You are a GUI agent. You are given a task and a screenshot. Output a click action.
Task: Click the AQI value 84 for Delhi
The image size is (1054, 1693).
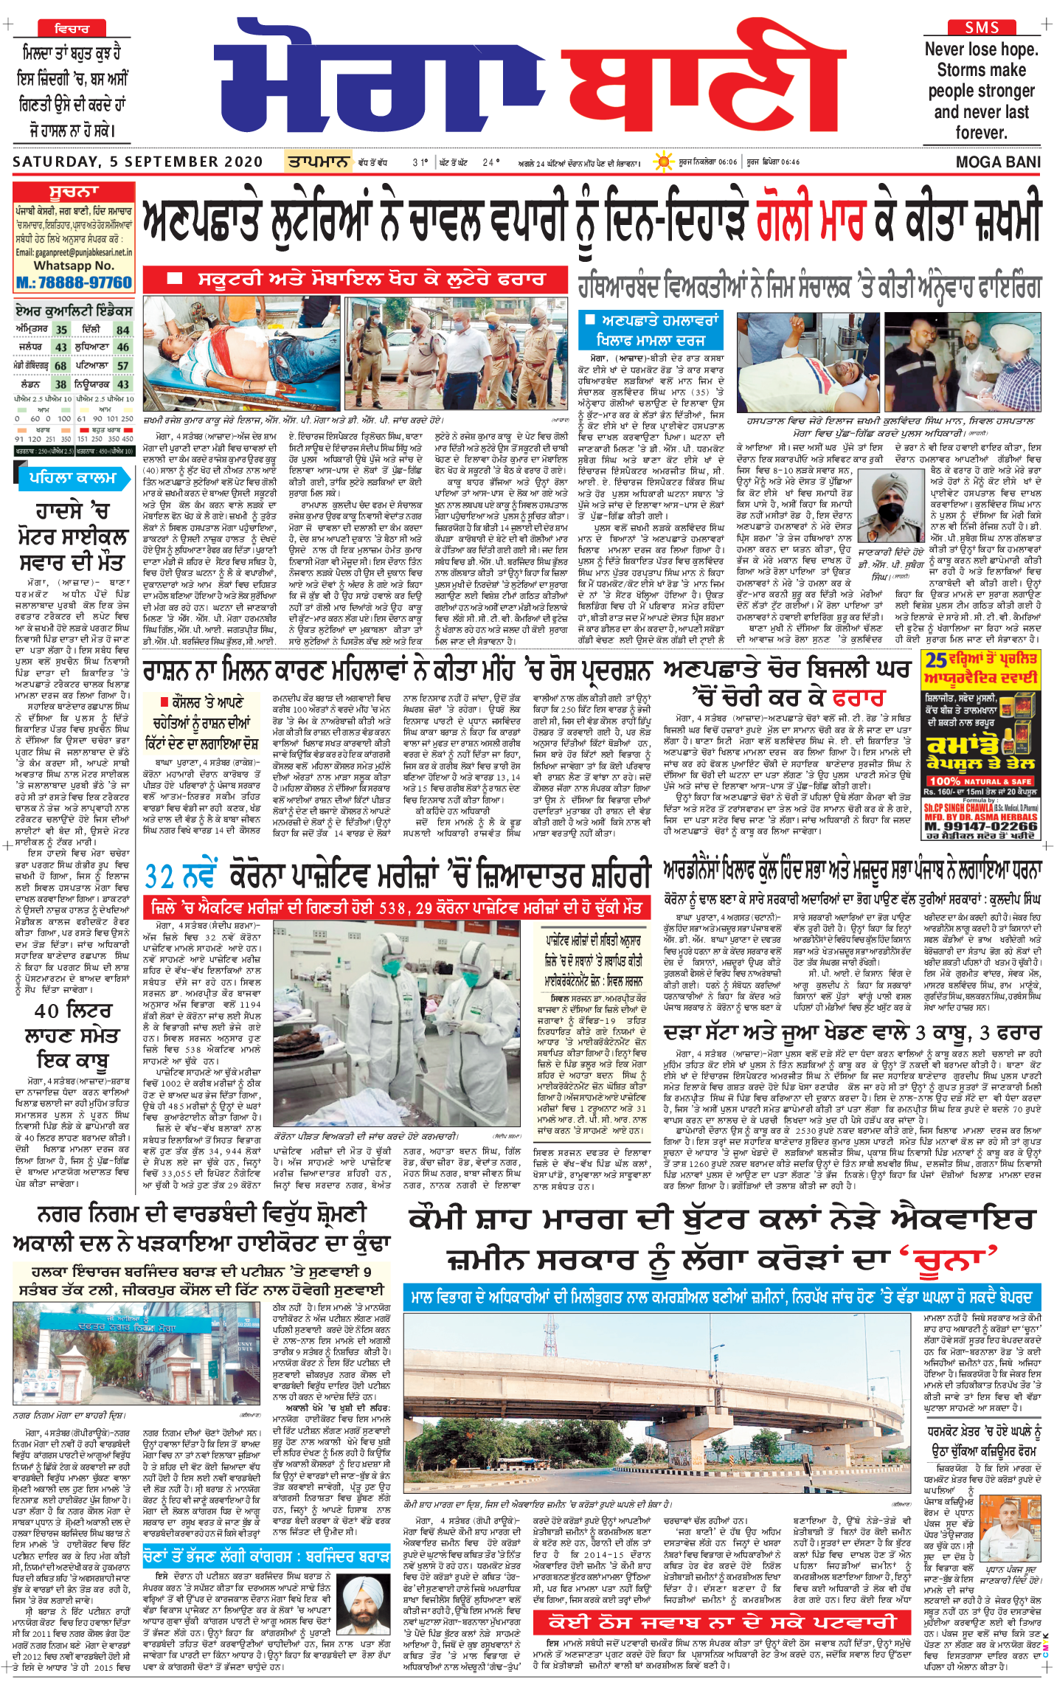coord(122,330)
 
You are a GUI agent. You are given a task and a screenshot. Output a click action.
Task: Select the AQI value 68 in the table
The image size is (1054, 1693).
coord(60,366)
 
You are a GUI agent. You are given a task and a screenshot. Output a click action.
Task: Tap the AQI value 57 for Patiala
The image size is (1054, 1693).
coord(122,366)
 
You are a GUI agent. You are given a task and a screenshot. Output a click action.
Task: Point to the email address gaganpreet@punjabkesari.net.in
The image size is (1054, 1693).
coord(74,252)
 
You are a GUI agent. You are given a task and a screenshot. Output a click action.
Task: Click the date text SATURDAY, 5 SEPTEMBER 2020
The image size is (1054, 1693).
coord(137,162)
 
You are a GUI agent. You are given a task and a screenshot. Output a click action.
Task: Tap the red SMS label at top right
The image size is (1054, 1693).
coord(982,28)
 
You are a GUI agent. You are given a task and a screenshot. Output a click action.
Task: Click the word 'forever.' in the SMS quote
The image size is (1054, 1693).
coord(981,134)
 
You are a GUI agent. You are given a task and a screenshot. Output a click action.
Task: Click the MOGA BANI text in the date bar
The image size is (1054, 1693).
coord(998,162)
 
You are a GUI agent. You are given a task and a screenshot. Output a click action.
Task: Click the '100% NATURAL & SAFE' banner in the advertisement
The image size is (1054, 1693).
coord(980,781)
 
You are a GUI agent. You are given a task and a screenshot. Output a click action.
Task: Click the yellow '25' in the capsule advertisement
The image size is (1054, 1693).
coord(937,660)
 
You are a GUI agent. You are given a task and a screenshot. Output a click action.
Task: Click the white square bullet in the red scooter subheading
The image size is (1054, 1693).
coord(175,279)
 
